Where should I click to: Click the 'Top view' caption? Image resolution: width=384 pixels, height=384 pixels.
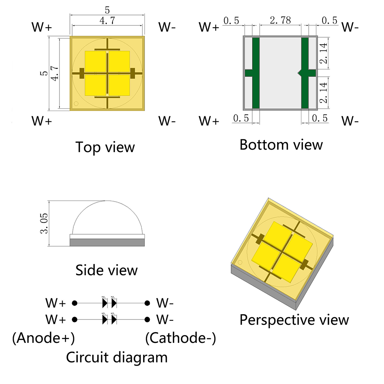point(105,147)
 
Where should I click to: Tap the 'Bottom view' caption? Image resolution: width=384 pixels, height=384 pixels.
point(281,145)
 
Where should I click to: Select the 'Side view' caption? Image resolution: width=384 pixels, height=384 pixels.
point(106,270)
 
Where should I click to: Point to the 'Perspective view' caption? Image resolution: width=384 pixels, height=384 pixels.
point(294,319)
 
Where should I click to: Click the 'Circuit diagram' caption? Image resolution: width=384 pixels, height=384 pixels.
point(117,358)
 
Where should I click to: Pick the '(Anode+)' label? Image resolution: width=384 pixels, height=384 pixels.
point(43,338)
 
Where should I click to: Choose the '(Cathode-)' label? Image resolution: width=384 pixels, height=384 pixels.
point(180,338)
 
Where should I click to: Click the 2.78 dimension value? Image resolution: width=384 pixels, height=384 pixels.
point(280,21)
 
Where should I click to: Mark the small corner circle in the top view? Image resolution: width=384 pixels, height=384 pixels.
point(76,103)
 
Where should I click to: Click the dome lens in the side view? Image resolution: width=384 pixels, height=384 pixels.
point(106,219)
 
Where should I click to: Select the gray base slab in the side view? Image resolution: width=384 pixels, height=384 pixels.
point(106,242)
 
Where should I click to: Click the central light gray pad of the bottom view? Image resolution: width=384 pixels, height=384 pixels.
point(280,73)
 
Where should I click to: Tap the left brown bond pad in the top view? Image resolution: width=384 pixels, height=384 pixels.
point(81,73)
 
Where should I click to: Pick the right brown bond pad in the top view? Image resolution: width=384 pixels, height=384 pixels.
point(133,73)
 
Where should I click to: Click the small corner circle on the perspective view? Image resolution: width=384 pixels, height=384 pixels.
point(240,262)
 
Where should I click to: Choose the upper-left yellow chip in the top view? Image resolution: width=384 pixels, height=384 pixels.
point(95,61)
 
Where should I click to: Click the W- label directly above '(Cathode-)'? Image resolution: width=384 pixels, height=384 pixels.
point(165,319)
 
